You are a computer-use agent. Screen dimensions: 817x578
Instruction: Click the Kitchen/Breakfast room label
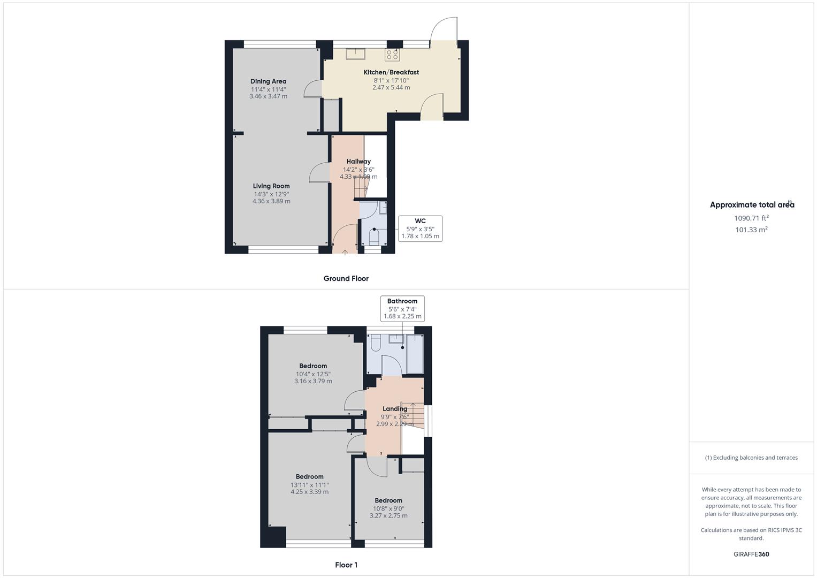pyautogui.click(x=391, y=72)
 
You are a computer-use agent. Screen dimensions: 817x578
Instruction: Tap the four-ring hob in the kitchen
pyautogui.click(x=392, y=55)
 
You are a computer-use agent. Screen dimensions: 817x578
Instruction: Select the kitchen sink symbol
pyautogui.click(x=356, y=54)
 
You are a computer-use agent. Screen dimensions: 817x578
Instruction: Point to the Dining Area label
pyautogui.click(x=268, y=81)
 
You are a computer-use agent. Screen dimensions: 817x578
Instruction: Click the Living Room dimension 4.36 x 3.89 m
pyautogui.click(x=271, y=201)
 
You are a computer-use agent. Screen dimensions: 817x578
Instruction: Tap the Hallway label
pyautogui.click(x=358, y=161)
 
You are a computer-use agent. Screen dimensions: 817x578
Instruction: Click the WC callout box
pyautogui.click(x=420, y=229)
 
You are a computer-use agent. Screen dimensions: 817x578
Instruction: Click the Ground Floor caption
pyautogui.click(x=346, y=278)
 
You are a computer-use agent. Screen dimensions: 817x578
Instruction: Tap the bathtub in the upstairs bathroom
pyautogui.click(x=415, y=354)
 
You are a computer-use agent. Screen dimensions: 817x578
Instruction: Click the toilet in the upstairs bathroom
pyautogui.click(x=376, y=343)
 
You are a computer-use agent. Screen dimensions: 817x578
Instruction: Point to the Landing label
pyautogui.click(x=395, y=409)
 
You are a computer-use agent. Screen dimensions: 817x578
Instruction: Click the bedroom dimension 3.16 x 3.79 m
pyautogui.click(x=314, y=381)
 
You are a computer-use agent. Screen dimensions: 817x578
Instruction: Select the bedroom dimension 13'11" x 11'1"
pyautogui.click(x=310, y=485)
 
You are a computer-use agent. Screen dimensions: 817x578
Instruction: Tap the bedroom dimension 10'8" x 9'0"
pyautogui.click(x=388, y=508)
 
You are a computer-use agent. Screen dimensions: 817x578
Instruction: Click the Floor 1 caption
pyautogui.click(x=346, y=565)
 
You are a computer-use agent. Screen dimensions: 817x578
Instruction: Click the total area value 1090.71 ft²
pyautogui.click(x=751, y=218)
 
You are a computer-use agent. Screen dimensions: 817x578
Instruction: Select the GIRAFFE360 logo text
pyautogui.click(x=751, y=554)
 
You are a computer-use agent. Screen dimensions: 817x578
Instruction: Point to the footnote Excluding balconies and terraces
pyautogui.click(x=751, y=458)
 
